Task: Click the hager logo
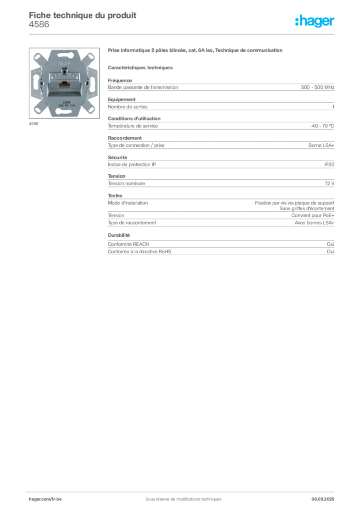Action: pyautogui.click(x=315, y=21)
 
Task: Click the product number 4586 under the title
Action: pyautogui.click(x=39, y=25)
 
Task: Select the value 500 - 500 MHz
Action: pyautogui.click(x=317, y=87)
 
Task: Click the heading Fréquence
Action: pyautogui.click(x=120, y=80)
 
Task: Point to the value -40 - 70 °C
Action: pyautogui.click(x=322, y=126)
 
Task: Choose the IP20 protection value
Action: pyautogui.click(x=329, y=164)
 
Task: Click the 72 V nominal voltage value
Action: pyautogui.click(x=329, y=184)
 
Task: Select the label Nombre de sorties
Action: pyautogui.click(x=128, y=107)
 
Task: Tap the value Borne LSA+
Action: pyautogui.click(x=321, y=146)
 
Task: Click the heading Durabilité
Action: pyautogui.click(x=119, y=235)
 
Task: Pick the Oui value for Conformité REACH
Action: pyautogui.click(x=331, y=244)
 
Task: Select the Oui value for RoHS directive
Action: pyautogui.click(x=331, y=251)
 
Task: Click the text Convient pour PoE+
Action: pyautogui.click(x=313, y=216)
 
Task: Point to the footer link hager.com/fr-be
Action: pyautogui.click(x=45, y=499)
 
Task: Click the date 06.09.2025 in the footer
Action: pyautogui.click(x=323, y=499)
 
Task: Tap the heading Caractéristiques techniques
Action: pyautogui.click(x=140, y=68)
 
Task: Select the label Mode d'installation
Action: pyautogui.click(x=128, y=203)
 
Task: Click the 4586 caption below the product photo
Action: pyautogui.click(x=33, y=124)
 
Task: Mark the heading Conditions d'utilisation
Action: pyautogui.click(x=134, y=119)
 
